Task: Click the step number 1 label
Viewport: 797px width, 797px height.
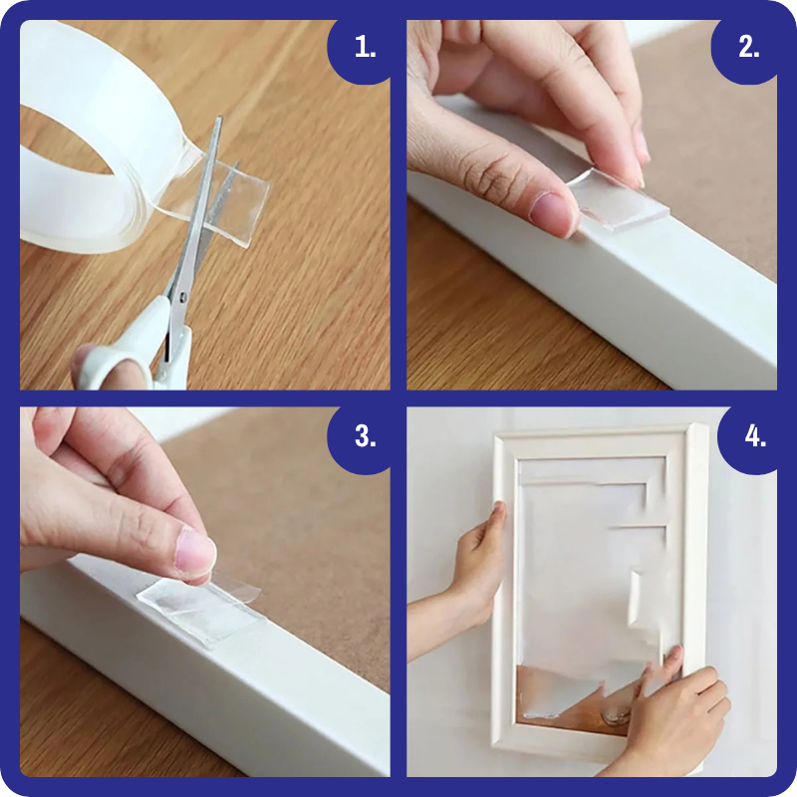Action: pyautogui.click(x=365, y=47)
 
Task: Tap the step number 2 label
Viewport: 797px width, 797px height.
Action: pyautogui.click(x=749, y=47)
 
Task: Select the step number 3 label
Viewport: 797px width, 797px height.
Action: pyautogui.click(x=365, y=436)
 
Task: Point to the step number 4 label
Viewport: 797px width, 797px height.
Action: pyautogui.click(x=755, y=436)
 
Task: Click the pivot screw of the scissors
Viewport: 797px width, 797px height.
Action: pyautogui.click(x=183, y=296)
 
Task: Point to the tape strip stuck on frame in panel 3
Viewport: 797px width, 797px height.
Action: pyautogui.click(x=202, y=613)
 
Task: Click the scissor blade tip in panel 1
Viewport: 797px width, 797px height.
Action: pyautogui.click(x=219, y=119)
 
